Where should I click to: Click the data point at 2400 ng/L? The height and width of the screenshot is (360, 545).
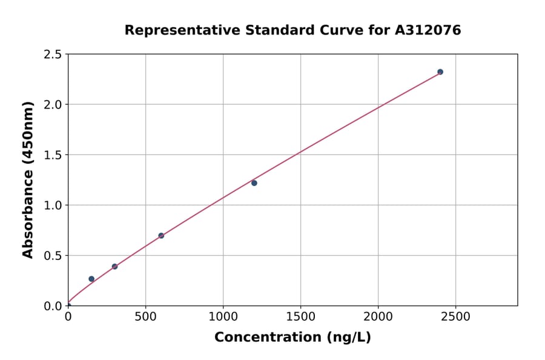440,72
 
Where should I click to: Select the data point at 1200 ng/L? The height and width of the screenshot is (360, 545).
254,183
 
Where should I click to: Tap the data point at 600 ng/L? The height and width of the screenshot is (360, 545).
161,236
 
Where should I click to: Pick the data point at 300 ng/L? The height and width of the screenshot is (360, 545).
114,267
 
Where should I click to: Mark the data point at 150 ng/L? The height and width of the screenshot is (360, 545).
91,279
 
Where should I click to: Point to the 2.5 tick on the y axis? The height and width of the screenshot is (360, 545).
53,55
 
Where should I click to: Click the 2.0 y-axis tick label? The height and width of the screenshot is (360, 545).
53,105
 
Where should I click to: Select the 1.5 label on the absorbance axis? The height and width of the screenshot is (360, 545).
53,155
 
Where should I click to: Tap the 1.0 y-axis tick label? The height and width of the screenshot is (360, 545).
53,205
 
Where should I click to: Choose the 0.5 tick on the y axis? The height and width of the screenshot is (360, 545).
53,256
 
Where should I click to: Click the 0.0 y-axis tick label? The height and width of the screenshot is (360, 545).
53,306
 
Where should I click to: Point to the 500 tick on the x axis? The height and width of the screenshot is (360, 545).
145,317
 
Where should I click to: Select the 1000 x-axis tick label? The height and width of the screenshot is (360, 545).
223,317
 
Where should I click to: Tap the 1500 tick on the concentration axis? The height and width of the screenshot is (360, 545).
300,317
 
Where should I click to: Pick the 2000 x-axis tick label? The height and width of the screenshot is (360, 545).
378,317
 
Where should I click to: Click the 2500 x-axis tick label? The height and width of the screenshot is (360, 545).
455,317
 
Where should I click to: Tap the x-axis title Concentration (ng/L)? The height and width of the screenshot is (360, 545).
292,338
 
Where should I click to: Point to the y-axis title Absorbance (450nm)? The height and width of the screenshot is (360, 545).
28,179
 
